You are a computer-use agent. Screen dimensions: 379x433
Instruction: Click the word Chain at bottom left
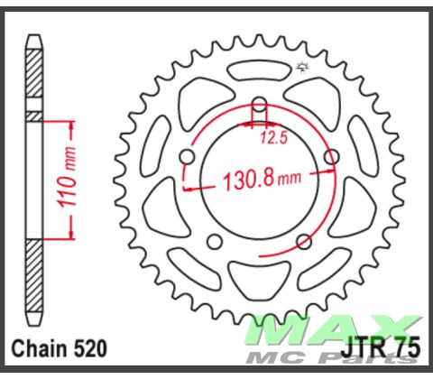coord(37,348)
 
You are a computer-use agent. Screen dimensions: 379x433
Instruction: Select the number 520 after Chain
coord(88,348)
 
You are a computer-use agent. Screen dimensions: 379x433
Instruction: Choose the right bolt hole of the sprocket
coord(330,159)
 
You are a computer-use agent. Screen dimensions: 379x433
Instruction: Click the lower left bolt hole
coord(215,242)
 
